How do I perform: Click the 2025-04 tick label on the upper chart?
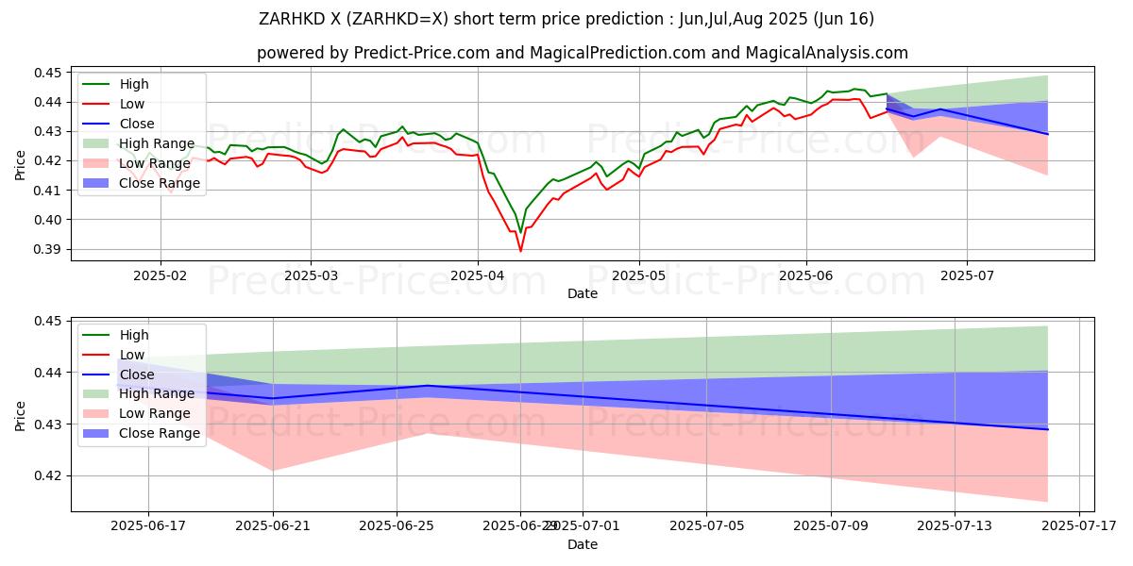click(477, 275)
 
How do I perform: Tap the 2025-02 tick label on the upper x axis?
click(160, 275)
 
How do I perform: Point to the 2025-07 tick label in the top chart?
click(967, 275)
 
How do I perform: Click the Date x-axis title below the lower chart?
click(582, 544)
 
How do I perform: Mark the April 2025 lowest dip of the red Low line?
click(520, 251)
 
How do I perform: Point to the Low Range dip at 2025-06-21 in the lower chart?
click(273, 470)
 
